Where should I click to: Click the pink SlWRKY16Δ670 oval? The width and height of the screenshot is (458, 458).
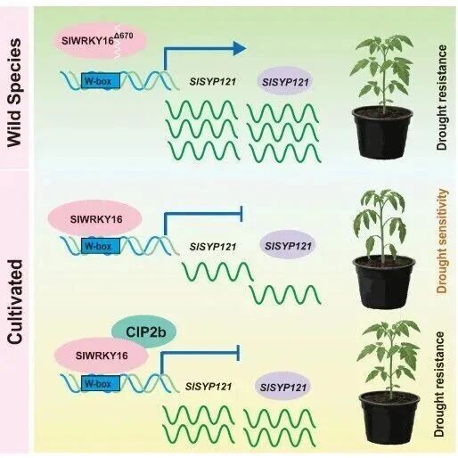point(101,41)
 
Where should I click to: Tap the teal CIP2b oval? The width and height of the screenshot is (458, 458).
point(144,331)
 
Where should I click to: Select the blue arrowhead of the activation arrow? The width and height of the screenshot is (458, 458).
point(240,48)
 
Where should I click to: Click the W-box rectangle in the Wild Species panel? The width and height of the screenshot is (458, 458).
point(101,81)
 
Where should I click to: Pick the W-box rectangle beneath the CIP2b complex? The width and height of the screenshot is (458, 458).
point(101,383)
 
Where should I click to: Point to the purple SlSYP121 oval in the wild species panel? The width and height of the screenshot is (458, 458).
point(285,81)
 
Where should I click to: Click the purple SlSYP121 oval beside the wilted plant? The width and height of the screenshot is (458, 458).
point(288,246)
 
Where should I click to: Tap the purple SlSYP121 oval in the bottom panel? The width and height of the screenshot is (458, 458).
point(283,387)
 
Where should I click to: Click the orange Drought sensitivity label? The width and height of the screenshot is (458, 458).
point(442,241)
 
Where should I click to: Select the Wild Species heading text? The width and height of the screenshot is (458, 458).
point(14,93)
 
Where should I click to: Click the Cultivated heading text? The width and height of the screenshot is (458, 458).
point(15,302)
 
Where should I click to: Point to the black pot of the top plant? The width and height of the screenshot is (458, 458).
point(382,133)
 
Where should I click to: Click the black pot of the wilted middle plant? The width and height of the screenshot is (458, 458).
point(384,282)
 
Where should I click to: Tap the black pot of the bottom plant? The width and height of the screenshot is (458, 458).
point(389,417)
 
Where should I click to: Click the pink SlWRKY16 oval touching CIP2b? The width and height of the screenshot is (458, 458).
point(102,356)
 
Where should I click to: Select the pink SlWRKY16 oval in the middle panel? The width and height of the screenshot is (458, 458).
point(95,219)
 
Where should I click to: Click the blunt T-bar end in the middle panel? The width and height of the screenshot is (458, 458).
point(241,214)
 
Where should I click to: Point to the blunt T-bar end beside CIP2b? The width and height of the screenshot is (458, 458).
point(238,353)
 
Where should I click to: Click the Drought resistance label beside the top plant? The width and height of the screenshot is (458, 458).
point(442,97)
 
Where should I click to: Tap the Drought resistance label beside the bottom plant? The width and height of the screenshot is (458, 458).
point(439,384)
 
